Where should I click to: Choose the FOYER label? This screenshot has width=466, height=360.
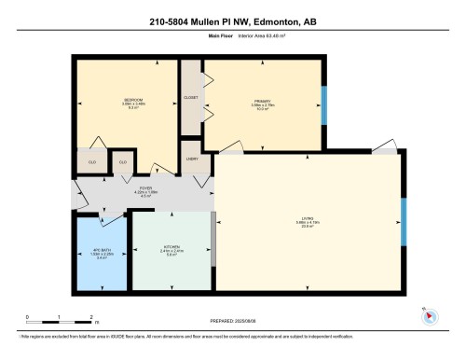tap(144, 191)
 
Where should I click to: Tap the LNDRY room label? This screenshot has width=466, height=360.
tap(192, 159)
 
